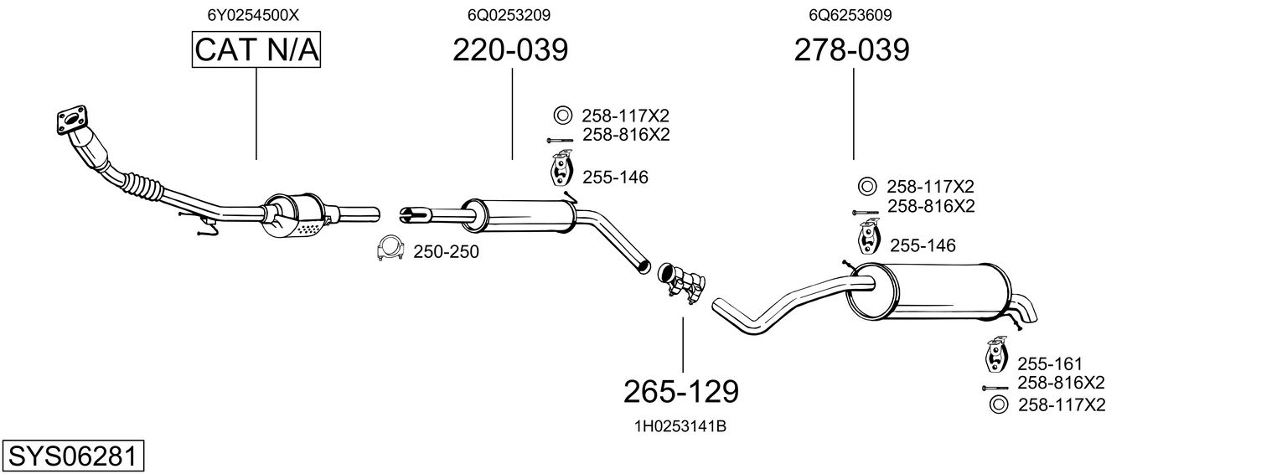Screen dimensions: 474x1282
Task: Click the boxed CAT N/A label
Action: tap(256, 50)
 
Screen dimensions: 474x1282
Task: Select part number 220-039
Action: tap(510, 50)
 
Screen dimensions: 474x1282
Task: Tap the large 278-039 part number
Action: tap(851, 50)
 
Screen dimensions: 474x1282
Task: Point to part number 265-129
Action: tap(681, 390)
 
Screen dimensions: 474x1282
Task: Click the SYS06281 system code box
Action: tap(72, 456)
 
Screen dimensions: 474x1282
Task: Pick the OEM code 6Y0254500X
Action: tap(253, 15)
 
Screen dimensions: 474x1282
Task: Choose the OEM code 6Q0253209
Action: tap(509, 15)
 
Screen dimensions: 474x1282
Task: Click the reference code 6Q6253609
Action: tap(850, 15)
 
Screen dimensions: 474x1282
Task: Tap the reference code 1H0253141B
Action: tap(680, 426)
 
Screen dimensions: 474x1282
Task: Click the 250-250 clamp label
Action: tap(446, 251)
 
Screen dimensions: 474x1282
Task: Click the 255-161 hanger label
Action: tap(1050, 363)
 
